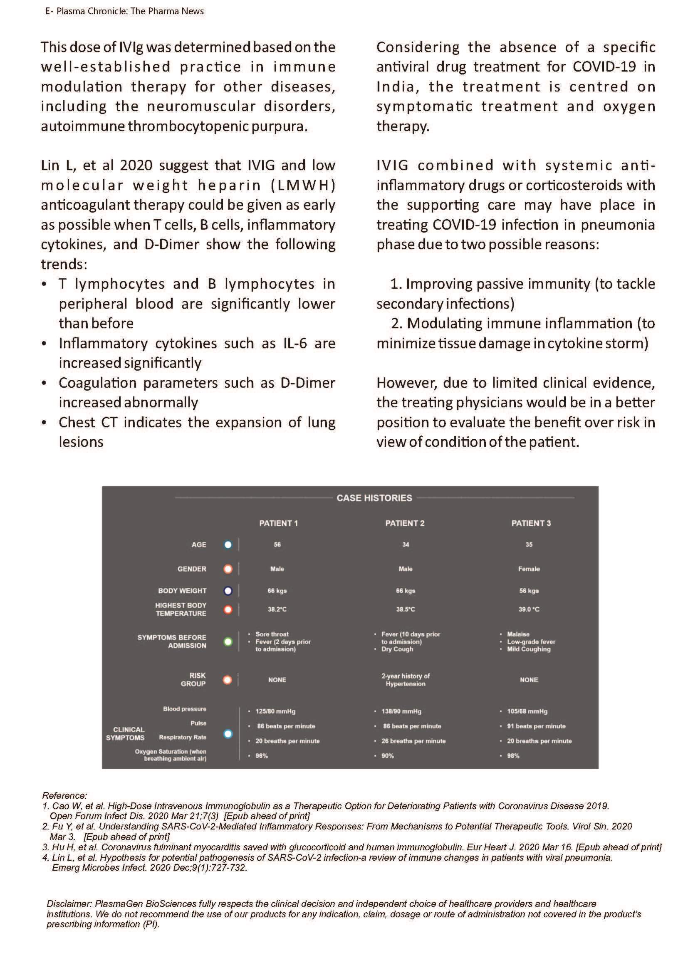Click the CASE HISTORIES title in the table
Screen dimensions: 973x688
click(x=374, y=498)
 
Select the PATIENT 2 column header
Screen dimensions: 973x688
click(x=405, y=523)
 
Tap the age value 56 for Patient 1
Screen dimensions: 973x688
click(x=277, y=545)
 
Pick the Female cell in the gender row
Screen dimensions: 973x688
click(x=529, y=569)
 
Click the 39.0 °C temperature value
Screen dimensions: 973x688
click(x=529, y=609)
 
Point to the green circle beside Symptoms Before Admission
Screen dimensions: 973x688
click(x=228, y=641)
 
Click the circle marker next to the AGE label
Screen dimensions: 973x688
click(x=228, y=545)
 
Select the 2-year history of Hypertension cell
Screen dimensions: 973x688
click(x=405, y=680)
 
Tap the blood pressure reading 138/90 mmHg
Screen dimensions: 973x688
click(x=401, y=711)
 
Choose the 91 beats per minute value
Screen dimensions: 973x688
click(x=536, y=726)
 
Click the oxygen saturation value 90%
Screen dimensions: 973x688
click(x=387, y=755)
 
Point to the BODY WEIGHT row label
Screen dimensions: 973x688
click(x=182, y=591)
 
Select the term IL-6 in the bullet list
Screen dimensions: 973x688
click(x=295, y=343)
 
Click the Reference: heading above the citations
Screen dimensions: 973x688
click(x=64, y=795)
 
